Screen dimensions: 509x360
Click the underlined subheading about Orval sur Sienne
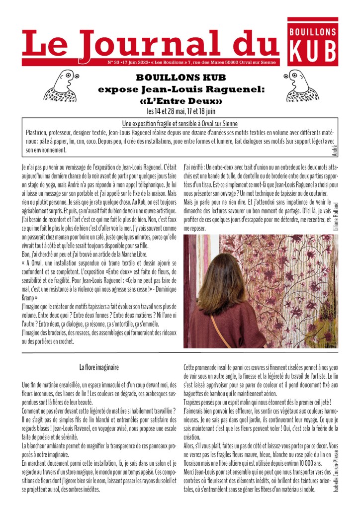pos(180,123)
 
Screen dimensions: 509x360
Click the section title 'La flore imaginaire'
pos(99,368)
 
